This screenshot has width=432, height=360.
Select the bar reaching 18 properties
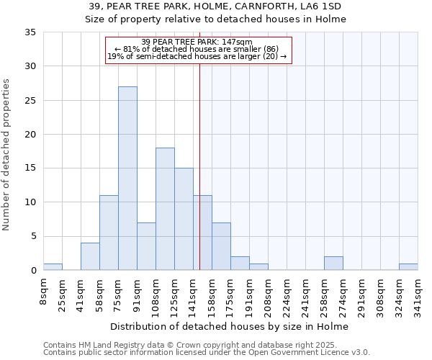(165, 209)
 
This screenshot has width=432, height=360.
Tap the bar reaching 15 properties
(184, 219)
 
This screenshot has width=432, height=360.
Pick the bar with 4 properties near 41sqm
(90, 256)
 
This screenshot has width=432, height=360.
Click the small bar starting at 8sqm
(53, 266)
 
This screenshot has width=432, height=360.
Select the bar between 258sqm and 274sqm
(333, 264)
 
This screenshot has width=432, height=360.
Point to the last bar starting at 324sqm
(408, 266)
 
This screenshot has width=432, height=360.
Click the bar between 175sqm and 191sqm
(240, 264)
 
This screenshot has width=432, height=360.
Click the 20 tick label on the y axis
(30, 135)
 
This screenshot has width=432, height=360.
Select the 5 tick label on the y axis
(33, 236)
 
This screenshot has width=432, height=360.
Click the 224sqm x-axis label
(287, 295)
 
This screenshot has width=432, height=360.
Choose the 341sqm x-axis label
(418, 295)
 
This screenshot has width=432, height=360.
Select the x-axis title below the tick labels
(230, 326)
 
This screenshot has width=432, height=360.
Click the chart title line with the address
(216, 6)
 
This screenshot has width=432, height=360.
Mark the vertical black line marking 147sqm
(199, 166)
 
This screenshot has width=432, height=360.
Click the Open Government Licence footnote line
(207, 352)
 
